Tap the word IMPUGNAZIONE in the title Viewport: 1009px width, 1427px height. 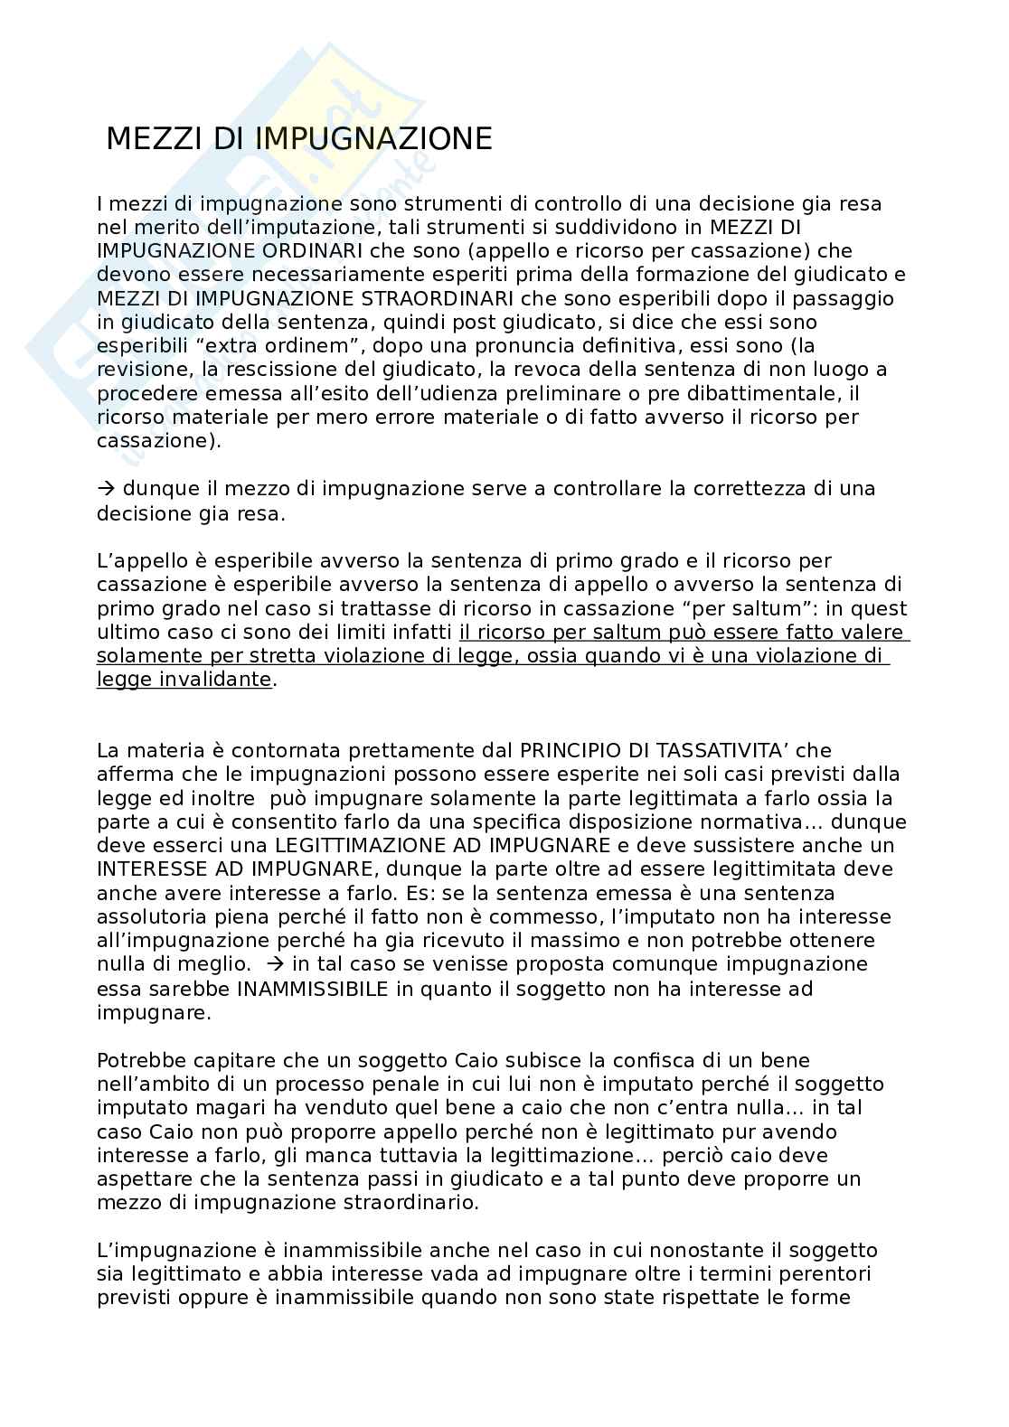tap(373, 139)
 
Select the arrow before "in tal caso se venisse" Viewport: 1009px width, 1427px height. tap(278, 964)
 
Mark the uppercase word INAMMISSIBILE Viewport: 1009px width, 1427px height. tap(312, 989)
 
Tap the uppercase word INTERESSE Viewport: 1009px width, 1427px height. tap(151, 868)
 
